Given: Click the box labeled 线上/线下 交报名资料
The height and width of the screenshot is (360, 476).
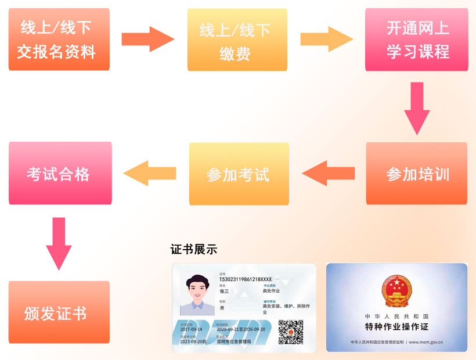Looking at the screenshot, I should pos(59,39).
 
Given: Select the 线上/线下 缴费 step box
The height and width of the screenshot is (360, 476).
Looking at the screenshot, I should pos(237,39).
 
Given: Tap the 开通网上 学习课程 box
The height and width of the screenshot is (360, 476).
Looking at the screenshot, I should pos(417,39).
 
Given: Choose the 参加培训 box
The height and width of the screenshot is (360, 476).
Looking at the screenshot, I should pos(416,174).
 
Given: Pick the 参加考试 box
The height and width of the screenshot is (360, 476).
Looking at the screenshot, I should pos(239,174).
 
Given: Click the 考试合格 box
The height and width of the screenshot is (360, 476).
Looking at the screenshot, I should pos(60,173).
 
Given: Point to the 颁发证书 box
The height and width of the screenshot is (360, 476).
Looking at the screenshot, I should pos(59,314).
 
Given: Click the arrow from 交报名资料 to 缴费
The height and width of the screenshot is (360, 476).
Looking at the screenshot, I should pos(147,39).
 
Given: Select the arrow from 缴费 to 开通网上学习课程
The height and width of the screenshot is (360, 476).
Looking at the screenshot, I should pos(326,39).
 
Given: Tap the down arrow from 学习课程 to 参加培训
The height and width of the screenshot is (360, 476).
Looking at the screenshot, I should pos(417,108).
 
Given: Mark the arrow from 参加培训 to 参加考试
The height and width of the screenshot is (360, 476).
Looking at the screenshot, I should pos(329,174).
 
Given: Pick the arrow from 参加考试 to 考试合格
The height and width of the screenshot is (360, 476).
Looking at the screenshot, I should pos(150,174).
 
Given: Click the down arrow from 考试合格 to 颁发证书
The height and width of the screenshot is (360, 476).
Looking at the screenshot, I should pos(59,243).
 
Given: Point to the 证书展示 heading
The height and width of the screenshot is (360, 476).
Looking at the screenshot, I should pos(194,249).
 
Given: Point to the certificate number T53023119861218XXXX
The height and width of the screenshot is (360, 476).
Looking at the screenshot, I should pos(245,279).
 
